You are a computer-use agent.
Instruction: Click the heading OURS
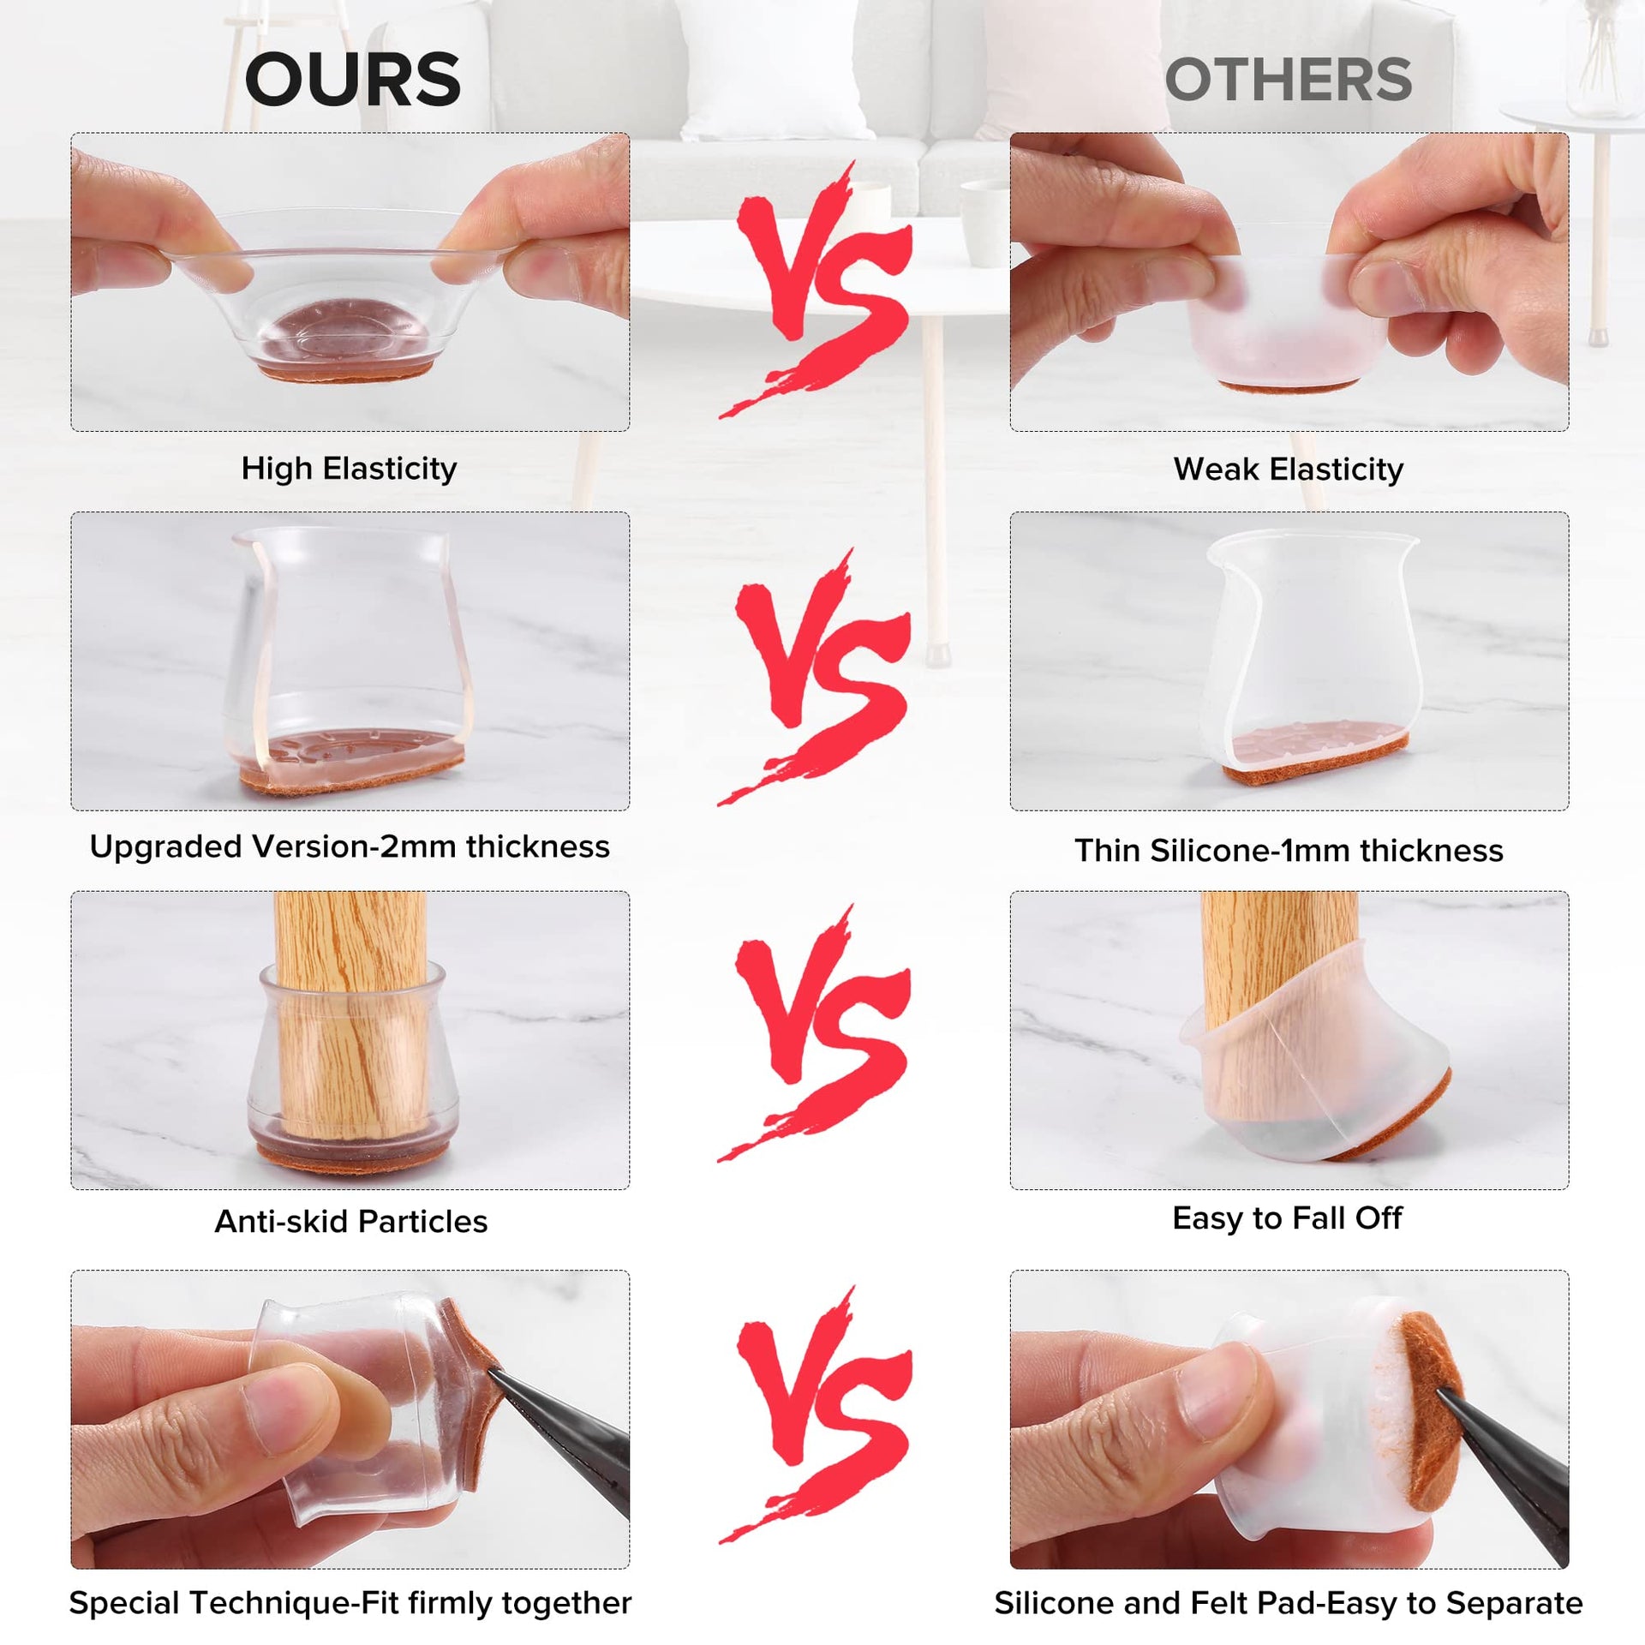352,80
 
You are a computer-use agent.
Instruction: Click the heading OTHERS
1289,80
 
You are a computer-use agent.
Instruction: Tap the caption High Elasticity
349,469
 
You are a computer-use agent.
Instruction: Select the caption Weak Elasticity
1289,470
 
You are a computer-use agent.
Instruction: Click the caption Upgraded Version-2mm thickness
350,846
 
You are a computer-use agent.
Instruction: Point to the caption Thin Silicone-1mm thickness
1289,850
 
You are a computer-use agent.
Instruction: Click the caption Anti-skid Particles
350,1221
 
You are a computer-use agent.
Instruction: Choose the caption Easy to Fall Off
1287,1217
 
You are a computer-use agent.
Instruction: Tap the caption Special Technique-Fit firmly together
350,1602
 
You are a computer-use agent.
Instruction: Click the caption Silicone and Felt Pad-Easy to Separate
1289,1602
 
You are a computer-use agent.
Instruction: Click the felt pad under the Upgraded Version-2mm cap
351,775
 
